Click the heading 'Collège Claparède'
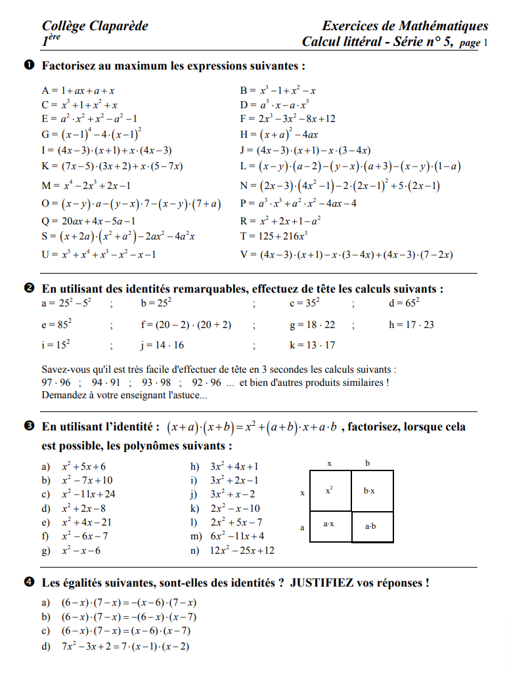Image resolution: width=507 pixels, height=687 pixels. point(95,26)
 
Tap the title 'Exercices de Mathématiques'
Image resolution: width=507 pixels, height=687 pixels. point(405,26)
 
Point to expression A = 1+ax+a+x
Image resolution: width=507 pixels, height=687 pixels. point(79,91)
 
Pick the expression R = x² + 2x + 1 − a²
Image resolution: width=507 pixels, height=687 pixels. point(281,220)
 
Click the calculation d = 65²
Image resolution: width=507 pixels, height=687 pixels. point(405,303)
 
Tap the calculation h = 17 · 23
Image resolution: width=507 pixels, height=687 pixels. point(412,324)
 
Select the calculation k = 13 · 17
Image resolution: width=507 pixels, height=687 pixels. point(313,345)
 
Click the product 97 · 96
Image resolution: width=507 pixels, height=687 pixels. point(56,383)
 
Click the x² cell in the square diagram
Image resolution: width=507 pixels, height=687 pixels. point(329,490)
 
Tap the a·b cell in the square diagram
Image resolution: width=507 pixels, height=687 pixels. point(372,526)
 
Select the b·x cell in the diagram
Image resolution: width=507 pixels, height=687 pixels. point(372,490)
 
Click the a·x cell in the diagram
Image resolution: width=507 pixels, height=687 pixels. point(329,525)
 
